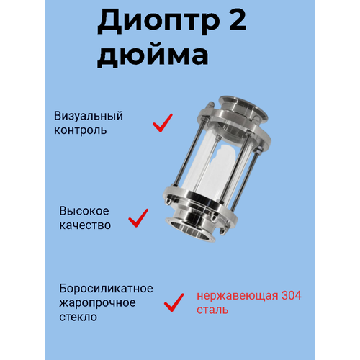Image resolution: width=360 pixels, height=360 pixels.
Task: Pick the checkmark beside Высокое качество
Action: (x=138, y=217)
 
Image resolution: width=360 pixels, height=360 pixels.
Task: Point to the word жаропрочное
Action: (x=94, y=302)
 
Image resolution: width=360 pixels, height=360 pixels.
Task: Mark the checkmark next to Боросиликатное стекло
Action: (x=174, y=302)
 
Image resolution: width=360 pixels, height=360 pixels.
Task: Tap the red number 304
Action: (x=284, y=296)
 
